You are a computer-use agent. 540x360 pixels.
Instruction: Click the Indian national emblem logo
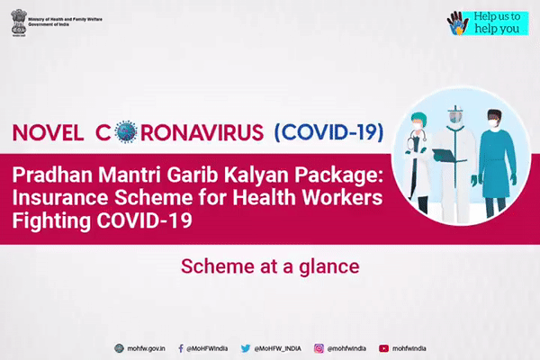[19, 22]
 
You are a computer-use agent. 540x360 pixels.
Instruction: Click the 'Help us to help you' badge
[488, 23]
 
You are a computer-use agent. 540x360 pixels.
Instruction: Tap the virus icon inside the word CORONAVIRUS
[126, 132]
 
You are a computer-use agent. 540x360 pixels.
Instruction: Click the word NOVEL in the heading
[48, 132]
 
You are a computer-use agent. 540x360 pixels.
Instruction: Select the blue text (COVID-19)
[328, 132]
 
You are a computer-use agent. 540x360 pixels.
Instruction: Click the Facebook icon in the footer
[181, 348]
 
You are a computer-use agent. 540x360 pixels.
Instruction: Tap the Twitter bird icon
[246, 348]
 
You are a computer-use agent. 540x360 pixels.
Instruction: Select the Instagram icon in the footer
[319, 348]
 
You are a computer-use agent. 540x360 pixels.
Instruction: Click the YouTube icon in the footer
[383, 348]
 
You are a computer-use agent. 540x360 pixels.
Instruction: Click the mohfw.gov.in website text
[146, 348]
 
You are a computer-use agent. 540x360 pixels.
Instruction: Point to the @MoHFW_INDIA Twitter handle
[277, 348]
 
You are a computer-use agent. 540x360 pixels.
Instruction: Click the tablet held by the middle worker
[445, 155]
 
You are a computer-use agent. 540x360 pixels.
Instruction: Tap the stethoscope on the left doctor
[413, 139]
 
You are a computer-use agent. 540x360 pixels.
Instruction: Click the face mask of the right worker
[494, 123]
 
